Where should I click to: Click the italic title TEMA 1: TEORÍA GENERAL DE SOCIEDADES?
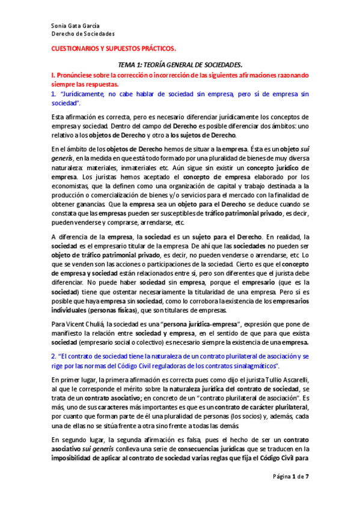(x=180, y=64)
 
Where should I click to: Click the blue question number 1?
(x=53, y=94)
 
